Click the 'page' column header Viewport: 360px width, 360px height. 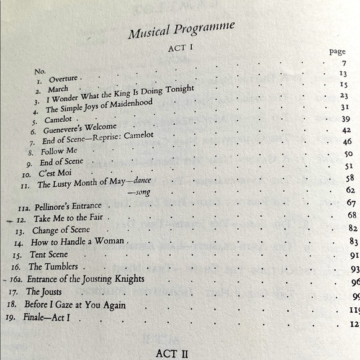point(336,52)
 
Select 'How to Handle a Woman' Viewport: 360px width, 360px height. point(78,242)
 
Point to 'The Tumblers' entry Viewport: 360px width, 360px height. point(53,267)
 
